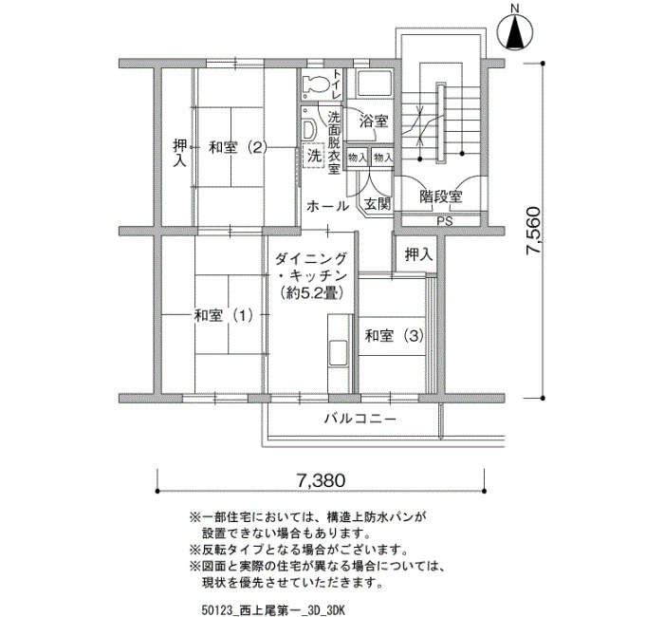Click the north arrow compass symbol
point(515,32)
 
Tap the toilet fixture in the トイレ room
point(316,84)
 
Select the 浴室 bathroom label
point(374,122)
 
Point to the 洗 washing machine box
point(314,156)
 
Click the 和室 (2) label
point(238,148)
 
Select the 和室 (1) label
point(224,315)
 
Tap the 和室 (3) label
point(395,336)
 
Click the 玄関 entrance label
point(378,204)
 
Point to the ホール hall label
point(327,207)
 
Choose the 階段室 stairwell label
point(441,196)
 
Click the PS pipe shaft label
point(445,221)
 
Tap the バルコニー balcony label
point(360,420)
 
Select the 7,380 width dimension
point(321,480)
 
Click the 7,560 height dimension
point(533,231)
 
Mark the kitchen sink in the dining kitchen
point(338,351)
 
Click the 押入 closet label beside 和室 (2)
point(180,154)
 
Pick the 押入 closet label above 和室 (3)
point(419,254)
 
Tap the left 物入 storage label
point(357,159)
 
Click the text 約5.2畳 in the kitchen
point(311,292)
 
